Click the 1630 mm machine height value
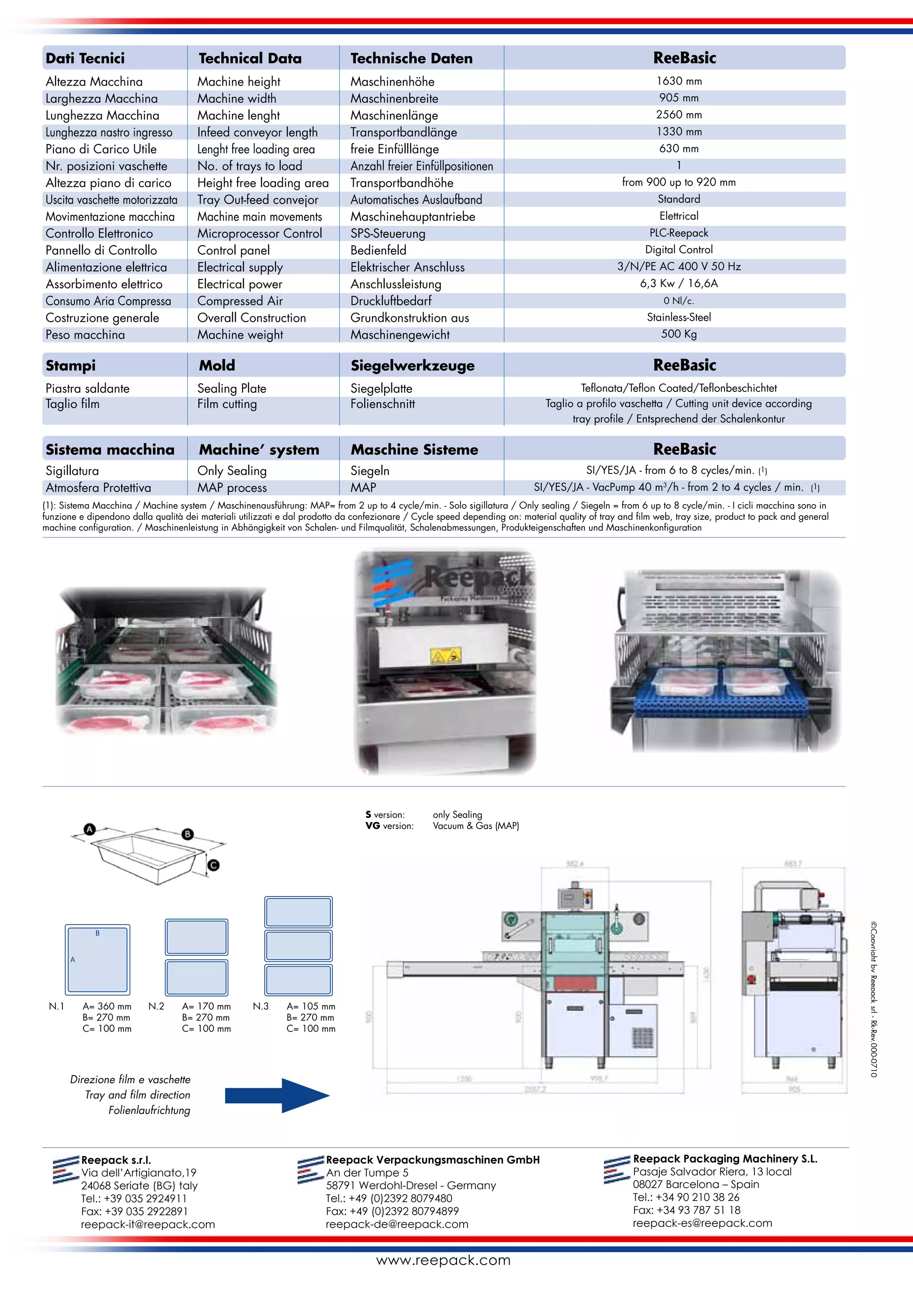[x=679, y=81]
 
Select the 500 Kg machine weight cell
[x=679, y=334]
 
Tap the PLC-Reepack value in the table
[x=679, y=233]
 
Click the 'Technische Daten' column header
[x=411, y=58]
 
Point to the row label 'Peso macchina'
[x=86, y=334]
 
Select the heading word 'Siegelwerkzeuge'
[x=412, y=366]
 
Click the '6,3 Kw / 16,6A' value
[x=679, y=284]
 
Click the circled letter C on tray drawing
[x=213, y=865]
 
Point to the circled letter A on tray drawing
[x=90, y=829]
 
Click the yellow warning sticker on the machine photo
[x=445, y=655]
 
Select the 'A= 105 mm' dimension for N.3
[x=310, y=1007]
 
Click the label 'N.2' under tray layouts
[x=156, y=1006]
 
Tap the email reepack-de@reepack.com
[x=396, y=1224]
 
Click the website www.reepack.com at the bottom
[x=443, y=1260]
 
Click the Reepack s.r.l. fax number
[x=134, y=1211]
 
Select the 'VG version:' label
[x=389, y=826]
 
